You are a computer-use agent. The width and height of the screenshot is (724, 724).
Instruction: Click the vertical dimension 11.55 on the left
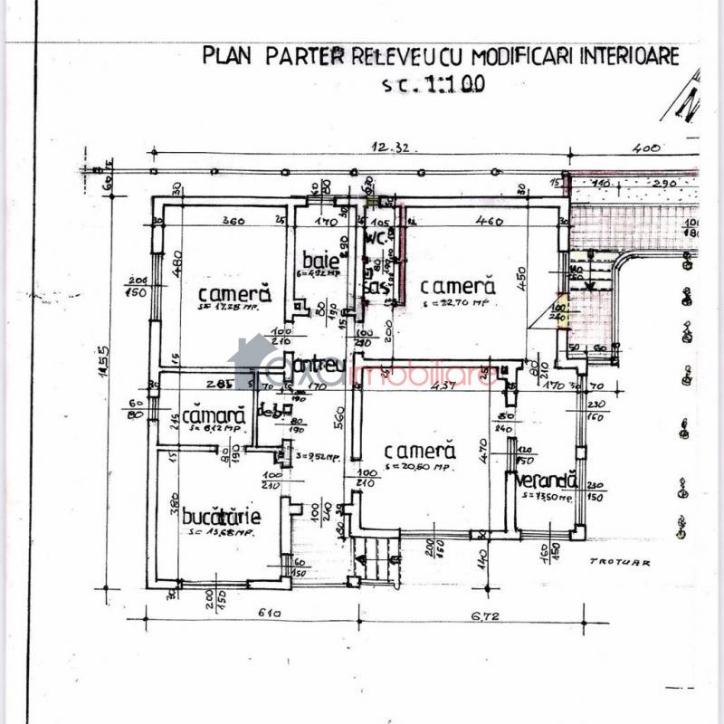coord(103,362)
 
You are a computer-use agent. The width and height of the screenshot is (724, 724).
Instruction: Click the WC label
coord(376,239)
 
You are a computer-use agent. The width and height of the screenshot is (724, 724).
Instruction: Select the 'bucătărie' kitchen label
coord(222,517)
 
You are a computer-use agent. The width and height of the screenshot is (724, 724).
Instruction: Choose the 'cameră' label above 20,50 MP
coord(417,451)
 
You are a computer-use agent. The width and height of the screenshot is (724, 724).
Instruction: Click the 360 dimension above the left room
coord(234,220)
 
